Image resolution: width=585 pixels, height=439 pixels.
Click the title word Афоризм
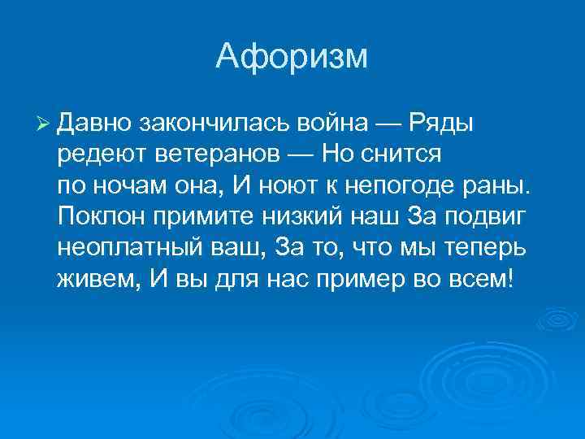292,57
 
